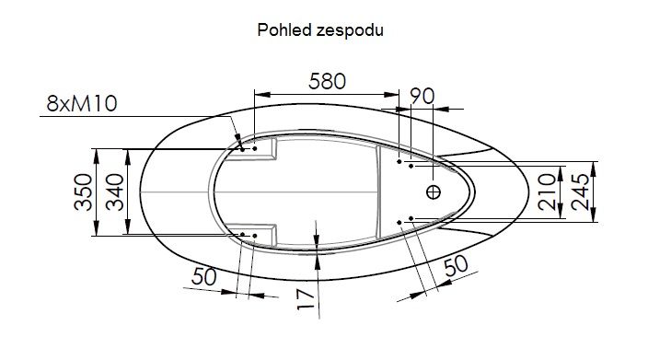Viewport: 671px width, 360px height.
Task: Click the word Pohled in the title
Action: (x=284, y=30)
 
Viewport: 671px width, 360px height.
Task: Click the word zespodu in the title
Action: (x=350, y=31)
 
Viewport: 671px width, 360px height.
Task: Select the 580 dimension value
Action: (x=327, y=81)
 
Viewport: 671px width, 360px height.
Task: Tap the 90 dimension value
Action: (x=422, y=97)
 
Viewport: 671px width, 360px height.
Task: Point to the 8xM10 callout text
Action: (x=82, y=104)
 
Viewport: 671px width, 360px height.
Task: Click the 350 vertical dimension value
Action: (x=83, y=192)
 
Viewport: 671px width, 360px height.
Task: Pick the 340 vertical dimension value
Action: (x=115, y=192)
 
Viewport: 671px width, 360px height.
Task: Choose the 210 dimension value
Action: (x=547, y=192)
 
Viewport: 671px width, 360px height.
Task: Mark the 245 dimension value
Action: (x=580, y=192)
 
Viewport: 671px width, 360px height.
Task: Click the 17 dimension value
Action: (x=306, y=298)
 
